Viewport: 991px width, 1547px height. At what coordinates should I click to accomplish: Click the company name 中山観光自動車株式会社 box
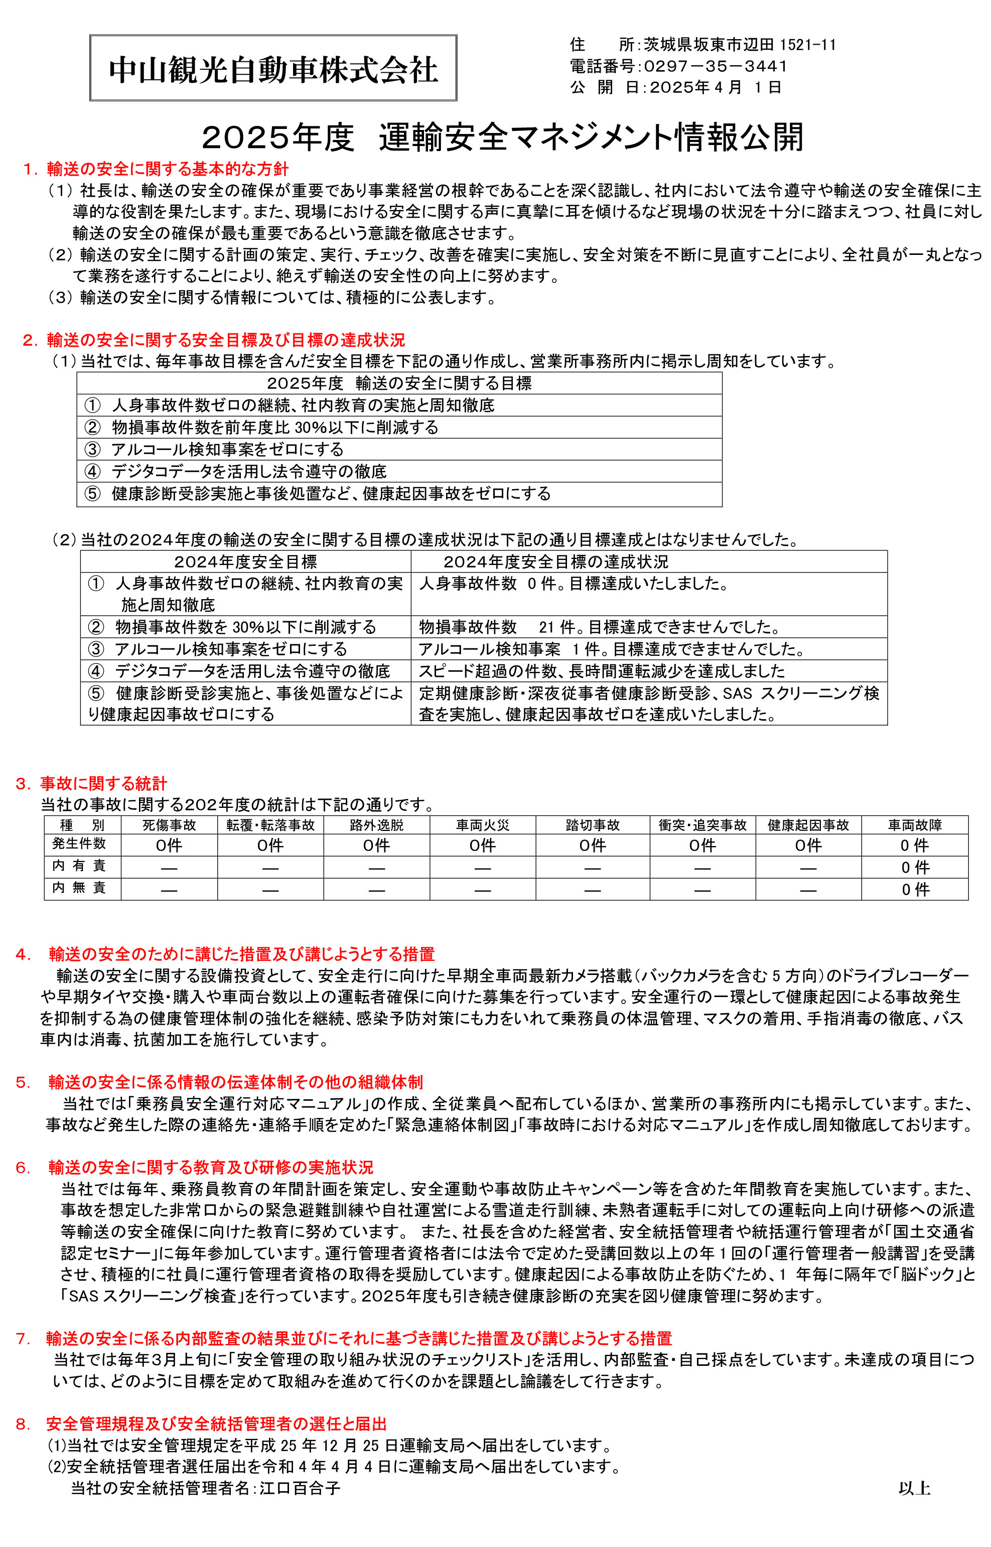273,68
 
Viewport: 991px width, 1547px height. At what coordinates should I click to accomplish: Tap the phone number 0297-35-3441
715,66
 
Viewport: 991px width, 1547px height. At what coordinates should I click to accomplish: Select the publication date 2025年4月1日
715,87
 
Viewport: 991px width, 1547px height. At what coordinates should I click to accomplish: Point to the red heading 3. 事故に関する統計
91,783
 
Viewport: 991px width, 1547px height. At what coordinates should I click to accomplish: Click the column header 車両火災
482,825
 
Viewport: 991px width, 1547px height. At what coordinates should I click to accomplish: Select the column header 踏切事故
592,825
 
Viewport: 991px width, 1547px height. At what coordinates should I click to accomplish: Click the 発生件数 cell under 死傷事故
169,846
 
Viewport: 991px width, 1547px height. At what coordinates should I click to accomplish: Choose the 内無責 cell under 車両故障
914,889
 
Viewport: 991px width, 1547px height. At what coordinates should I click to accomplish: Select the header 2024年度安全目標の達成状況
556,562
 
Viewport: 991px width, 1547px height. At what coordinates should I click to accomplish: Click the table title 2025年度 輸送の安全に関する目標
399,383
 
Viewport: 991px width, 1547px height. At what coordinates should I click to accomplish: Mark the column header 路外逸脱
376,825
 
